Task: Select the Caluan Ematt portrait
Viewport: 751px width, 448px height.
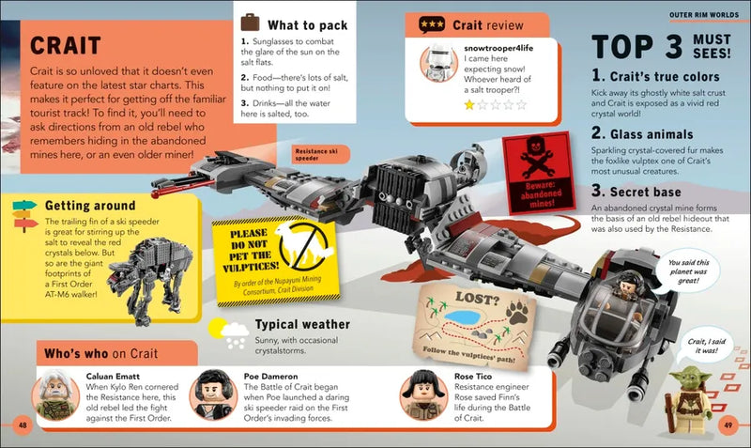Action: click(54, 394)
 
